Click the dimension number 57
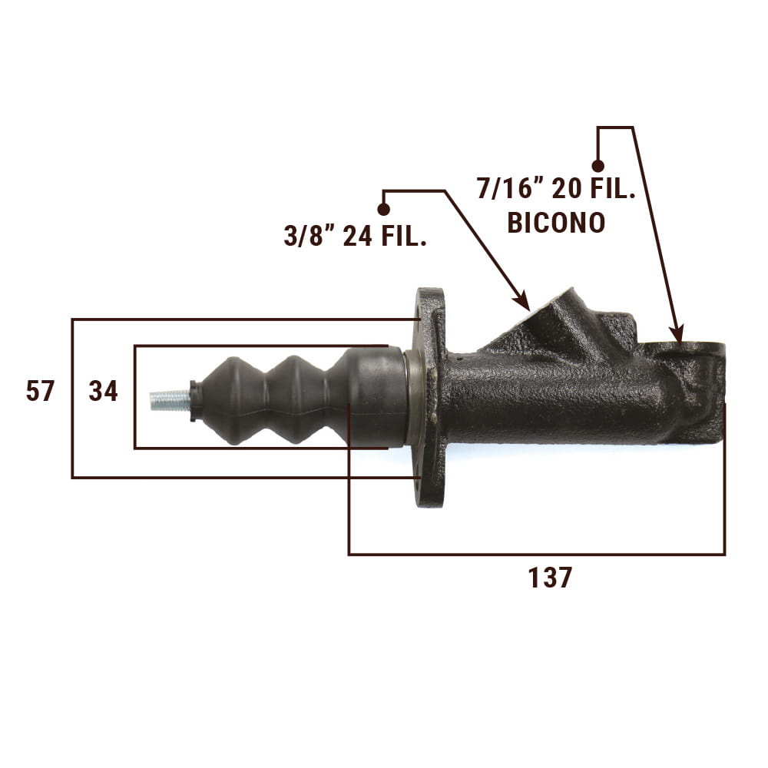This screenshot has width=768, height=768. tap(40, 392)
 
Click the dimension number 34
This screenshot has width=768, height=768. tap(104, 392)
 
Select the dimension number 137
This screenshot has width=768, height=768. tap(550, 578)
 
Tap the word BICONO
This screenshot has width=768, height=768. tap(556, 223)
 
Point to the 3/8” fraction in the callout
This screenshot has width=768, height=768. tap(309, 236)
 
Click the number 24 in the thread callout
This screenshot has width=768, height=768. tap(358, 236)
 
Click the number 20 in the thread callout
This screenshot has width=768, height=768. tap(567, 189)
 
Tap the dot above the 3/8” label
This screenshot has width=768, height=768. tap(384, 209)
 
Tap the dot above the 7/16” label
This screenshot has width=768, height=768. tap(598, 166)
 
